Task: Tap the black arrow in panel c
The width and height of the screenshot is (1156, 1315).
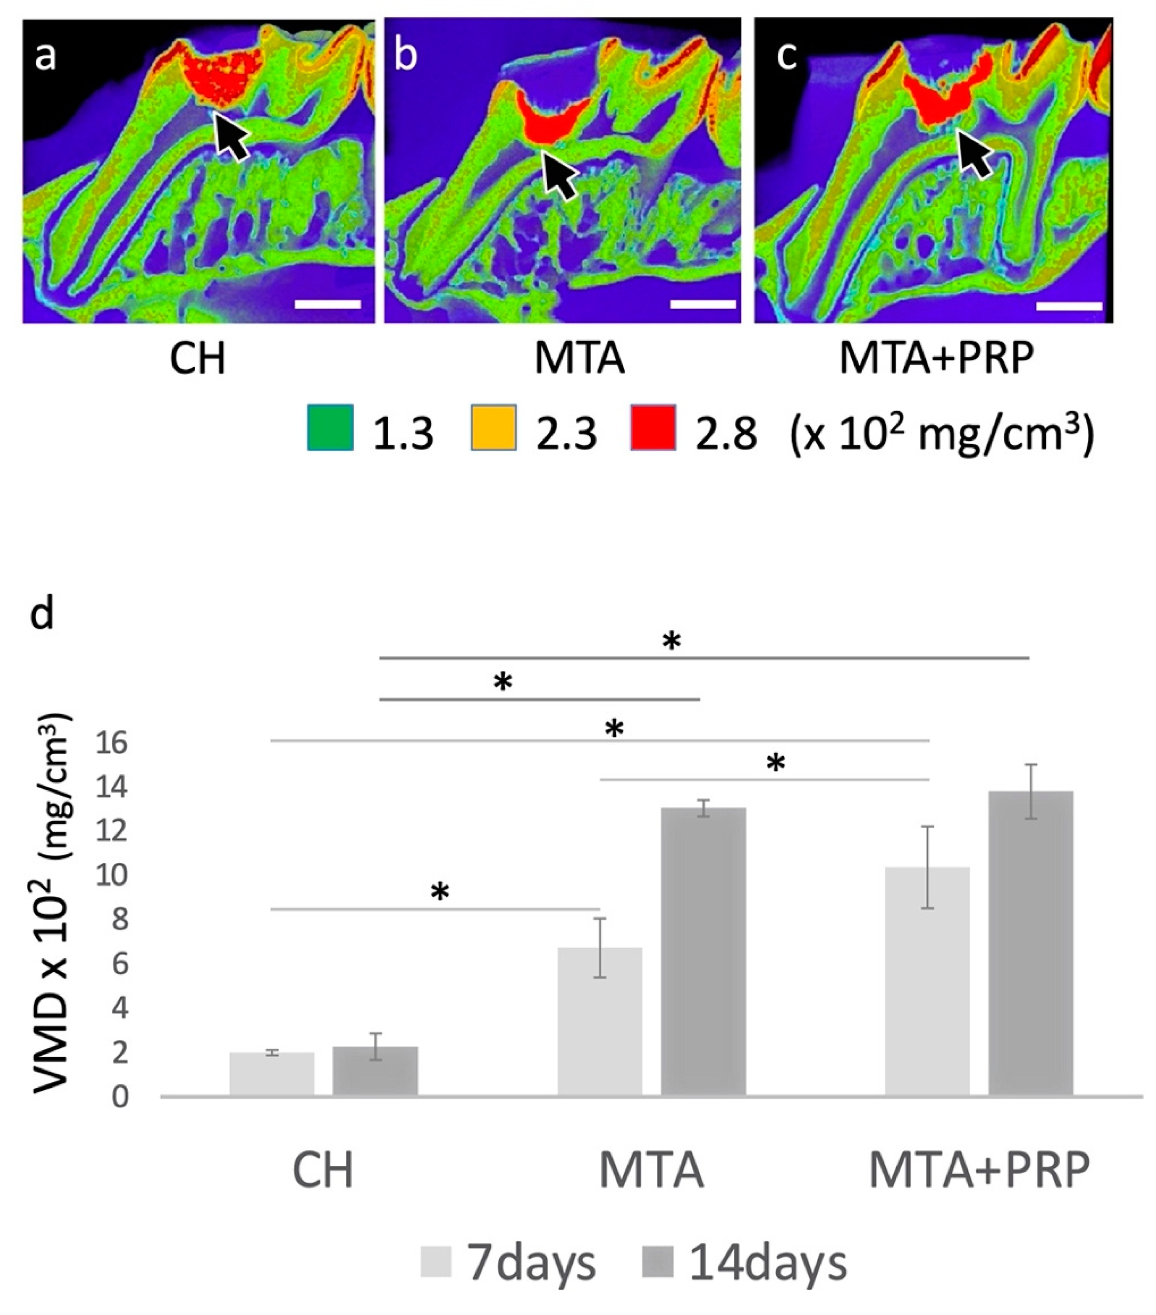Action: [975, 153]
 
